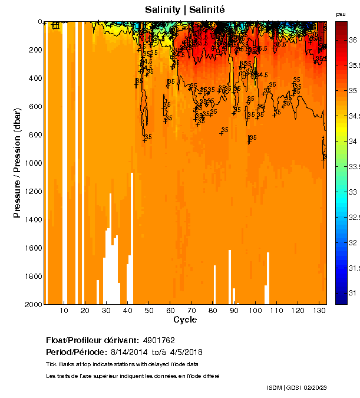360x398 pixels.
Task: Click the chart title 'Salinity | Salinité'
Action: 185,10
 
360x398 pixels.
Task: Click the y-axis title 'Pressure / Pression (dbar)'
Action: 17,163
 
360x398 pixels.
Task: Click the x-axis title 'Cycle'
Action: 185,320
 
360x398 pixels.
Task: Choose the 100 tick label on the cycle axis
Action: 255,310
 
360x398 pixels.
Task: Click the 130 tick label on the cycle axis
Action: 319,310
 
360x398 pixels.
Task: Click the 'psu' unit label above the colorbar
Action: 341,14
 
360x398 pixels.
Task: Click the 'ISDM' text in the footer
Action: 275,387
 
